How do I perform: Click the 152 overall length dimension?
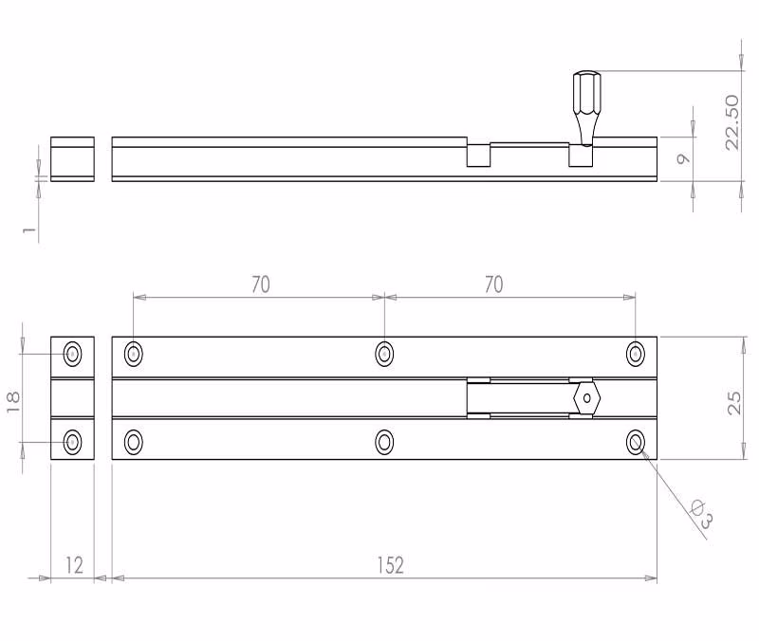(x=391, y=565)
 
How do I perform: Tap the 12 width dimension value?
(x=74, y=565)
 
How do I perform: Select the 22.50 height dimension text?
(x=732, y=122)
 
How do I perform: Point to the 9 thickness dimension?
(x=683, y=158)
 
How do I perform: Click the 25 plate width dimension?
(x=734, y=403)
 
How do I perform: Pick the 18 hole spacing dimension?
(x=13, y=402)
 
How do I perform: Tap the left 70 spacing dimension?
(x=261, y=284)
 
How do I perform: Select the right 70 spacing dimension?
(x=493, y=284)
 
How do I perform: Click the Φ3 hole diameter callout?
(x=702, y=513)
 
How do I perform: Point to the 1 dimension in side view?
(x=29, y=229)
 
